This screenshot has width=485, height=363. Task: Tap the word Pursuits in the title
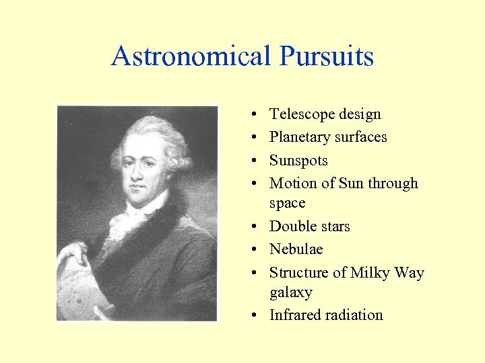(328, 56)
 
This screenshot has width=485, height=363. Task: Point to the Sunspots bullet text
(298, 161)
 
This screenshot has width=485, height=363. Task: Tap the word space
(287, 203)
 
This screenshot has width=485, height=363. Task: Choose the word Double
(290, 227)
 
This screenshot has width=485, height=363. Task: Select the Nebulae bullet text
(296, 249)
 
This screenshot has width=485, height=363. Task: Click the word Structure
(298, 272)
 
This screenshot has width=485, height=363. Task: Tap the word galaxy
(291, 292)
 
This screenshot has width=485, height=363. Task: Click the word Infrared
(295, 315)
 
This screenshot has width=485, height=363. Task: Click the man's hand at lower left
(73, 255)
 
